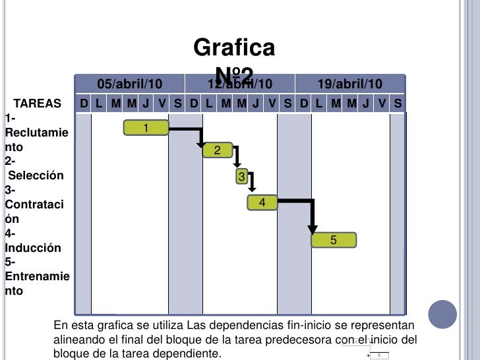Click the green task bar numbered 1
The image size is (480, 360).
[x=146, y=127]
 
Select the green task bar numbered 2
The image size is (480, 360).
[x=217, y=151]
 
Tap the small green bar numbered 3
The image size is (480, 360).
[x=242, y=177]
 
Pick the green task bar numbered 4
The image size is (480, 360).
[x=262, y=202]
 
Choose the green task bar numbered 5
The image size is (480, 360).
[x=334, y=241]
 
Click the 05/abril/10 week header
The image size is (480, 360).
[x=130, y=84]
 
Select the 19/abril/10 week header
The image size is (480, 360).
[x=349, y=84]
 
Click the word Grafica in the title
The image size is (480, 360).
[x=234, y=48]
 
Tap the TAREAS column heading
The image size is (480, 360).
[x=38, y=104]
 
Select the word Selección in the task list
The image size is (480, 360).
[x=36, y=175]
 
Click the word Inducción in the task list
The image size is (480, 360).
[x=33, y=248]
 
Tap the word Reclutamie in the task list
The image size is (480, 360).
[x=36, y=133]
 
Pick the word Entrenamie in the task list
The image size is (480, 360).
[x=37, y=276]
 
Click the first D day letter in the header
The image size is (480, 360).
[x=84, y=104]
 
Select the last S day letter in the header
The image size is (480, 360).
[x=398, y=104]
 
